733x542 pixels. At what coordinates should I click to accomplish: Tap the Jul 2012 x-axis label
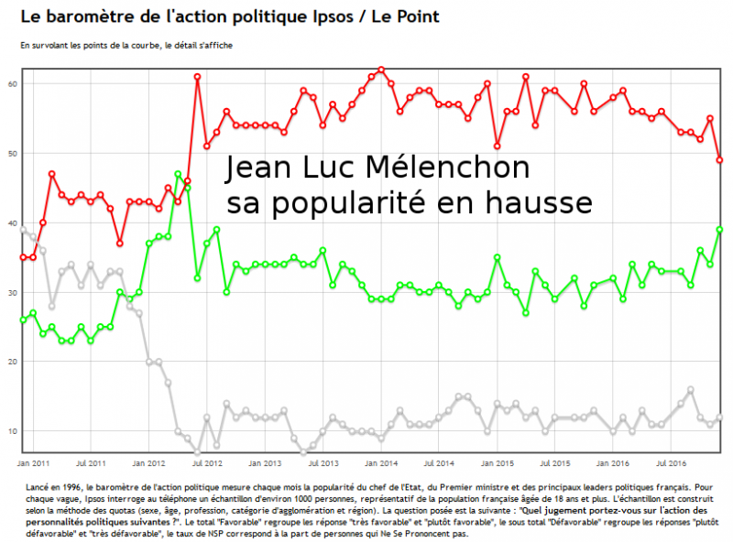(207, 463)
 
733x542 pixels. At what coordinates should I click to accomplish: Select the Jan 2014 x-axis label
(381, 463)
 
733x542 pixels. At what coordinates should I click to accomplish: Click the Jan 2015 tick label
(498, 463)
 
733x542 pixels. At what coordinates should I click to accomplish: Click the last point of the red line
(720, 160)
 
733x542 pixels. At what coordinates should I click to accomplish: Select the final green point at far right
(720, 230)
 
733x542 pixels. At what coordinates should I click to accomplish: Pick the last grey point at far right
(720, 417)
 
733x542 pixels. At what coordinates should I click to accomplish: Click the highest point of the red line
(381, 70)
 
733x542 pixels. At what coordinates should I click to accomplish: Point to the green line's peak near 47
(178, 174)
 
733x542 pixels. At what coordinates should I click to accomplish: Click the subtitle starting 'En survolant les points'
(125, 45)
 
